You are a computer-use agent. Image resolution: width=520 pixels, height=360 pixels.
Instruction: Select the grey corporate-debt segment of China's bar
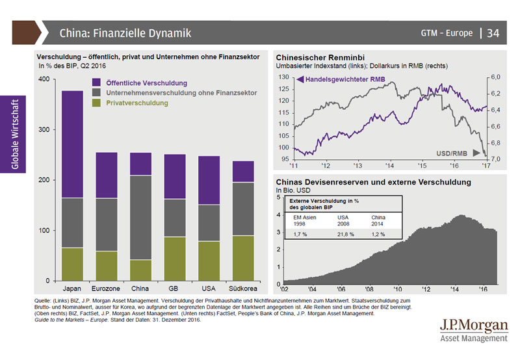pyautogui.click(x=140, y=218)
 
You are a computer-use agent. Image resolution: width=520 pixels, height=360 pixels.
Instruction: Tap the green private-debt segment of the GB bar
pyautogui.click(x=175, y=259)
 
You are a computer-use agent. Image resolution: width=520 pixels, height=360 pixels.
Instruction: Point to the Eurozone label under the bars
pyautogui.click(x=106, y=289)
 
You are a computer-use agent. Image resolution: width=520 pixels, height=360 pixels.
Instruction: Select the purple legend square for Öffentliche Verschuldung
pyautogui.click(x=96, y=83)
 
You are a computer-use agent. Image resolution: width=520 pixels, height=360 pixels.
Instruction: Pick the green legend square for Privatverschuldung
pyautogui.click(x=96, y=103)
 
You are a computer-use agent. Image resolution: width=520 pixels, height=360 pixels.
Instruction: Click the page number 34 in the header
pyautogui.click(x=493, y=32)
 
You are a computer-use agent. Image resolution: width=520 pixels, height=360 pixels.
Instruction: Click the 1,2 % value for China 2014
pyautogui.click(x=378, y=233)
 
